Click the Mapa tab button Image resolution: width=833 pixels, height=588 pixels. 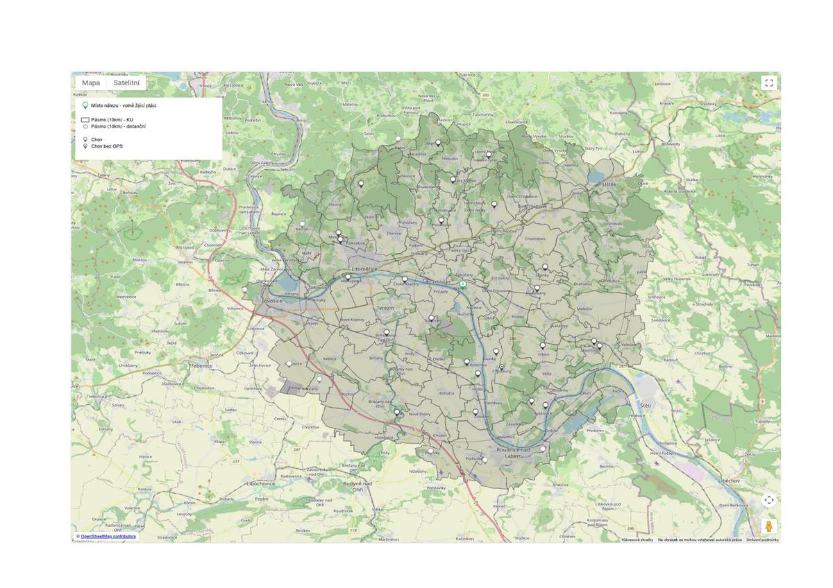tap(91, 83)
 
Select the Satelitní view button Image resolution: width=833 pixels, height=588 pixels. tap(126, 83)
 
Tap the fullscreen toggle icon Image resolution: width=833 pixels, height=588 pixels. tap(768, 83)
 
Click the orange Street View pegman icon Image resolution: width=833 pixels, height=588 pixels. tap(768, 526)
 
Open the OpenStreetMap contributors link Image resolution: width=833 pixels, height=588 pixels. tap(108, 536)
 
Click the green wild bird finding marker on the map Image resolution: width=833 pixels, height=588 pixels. tap(463, 285)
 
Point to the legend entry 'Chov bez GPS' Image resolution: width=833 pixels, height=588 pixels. tap(107, 146)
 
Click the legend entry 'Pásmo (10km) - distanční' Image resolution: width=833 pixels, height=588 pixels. tap(118, 126)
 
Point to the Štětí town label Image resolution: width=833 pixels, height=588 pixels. tap(646, 404)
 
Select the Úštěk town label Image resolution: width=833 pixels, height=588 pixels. tap(609, 184)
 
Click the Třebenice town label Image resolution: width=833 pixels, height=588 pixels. tap(200, 365)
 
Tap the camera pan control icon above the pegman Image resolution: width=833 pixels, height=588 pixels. tap(768, 500)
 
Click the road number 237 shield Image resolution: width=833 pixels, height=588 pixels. tap(235, 460)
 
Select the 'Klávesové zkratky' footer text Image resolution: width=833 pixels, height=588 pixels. tap(637, 539)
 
